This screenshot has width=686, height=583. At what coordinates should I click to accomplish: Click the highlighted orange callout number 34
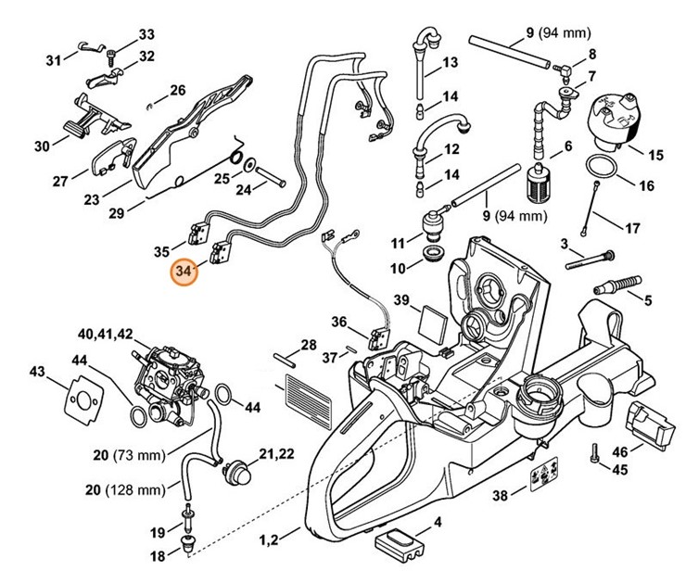point(183,273)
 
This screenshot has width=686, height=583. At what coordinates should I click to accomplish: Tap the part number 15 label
point(656,154)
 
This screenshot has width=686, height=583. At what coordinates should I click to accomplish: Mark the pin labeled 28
point(284,356)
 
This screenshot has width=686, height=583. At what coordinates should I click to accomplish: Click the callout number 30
point(42,146)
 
